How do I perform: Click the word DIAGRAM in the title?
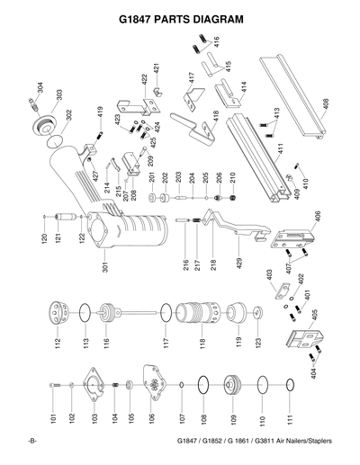click(216, 18)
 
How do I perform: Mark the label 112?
click(57, 345)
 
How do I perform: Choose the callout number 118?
click(202, 345)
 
